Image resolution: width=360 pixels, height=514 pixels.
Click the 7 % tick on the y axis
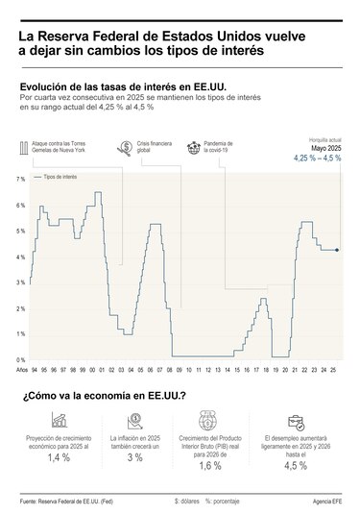click(20, 180)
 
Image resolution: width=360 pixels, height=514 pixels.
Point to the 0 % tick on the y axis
click(20, 359)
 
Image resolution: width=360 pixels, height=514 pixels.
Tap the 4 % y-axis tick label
click(20, 257)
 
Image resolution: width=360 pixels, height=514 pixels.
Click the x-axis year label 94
click(35, 369)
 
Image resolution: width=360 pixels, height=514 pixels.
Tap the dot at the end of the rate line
click(336, 250)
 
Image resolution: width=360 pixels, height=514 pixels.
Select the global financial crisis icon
click(125, 148)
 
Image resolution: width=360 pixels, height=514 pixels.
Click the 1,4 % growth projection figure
click(60, 459)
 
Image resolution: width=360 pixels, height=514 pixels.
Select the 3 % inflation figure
click(135, 459)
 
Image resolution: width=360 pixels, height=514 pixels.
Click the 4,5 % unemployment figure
click(296, 467)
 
